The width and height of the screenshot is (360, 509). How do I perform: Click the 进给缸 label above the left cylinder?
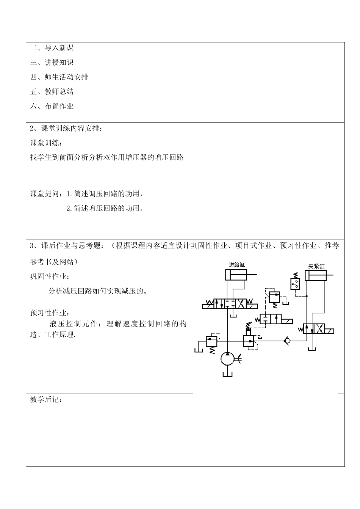point(237,264)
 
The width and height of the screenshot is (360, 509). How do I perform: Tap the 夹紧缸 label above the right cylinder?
point(316,266)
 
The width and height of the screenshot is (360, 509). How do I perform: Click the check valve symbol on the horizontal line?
point(288,341)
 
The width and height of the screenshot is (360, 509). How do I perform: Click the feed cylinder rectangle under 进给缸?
point(236,275)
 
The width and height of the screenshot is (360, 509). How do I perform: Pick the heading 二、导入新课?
point(52,48)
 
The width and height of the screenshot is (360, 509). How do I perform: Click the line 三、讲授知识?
point(52,63)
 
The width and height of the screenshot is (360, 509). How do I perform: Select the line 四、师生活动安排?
point(59,77)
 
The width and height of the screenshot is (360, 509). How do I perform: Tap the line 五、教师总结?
point(52,91)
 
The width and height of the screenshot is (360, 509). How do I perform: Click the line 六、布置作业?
point(52,106)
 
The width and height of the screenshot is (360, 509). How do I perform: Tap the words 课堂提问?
point(45,194)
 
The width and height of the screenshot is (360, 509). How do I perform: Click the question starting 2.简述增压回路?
point(105,208)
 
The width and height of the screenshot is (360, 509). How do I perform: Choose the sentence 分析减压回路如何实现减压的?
point(98,291)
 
